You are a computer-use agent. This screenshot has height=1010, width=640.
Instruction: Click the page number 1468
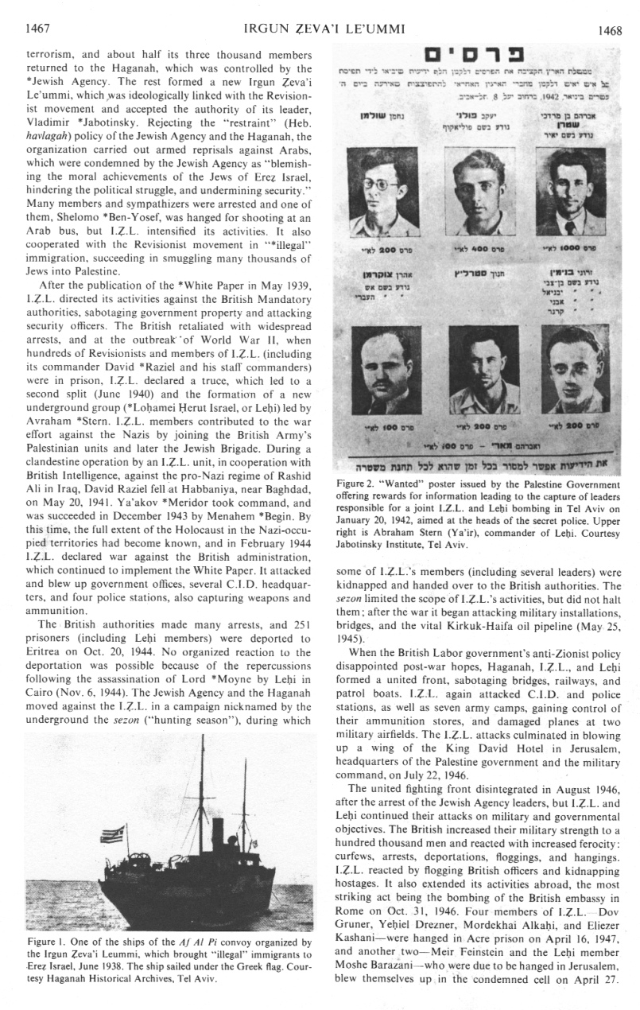coord(611,30)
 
